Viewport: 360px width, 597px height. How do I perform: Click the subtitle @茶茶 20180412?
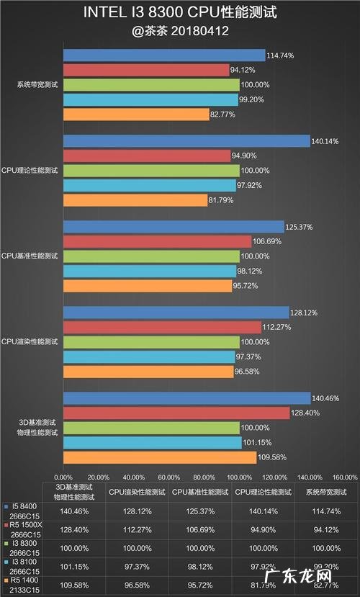click(x=180, y=32)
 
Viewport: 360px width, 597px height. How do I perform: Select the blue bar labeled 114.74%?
click(x=164, y=55)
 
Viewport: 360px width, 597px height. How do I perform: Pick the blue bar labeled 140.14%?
click(x=186, y=141)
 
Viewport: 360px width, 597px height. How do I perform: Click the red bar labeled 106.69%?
click(x=157, y=241)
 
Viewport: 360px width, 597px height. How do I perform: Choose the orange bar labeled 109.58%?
click(x=160, y=457)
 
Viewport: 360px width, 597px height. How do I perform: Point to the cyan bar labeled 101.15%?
click(x=152, y=442)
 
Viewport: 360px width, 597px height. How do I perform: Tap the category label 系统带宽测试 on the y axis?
click(x=37, y=85)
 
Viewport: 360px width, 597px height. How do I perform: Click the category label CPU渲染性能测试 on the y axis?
click(x=31, y=341)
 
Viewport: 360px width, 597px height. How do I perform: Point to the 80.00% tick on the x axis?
click(x=204, y=477)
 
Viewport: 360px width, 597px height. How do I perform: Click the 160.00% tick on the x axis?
click(x=345, y=477)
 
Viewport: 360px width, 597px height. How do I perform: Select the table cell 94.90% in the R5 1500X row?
click(x=263, y=529)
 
